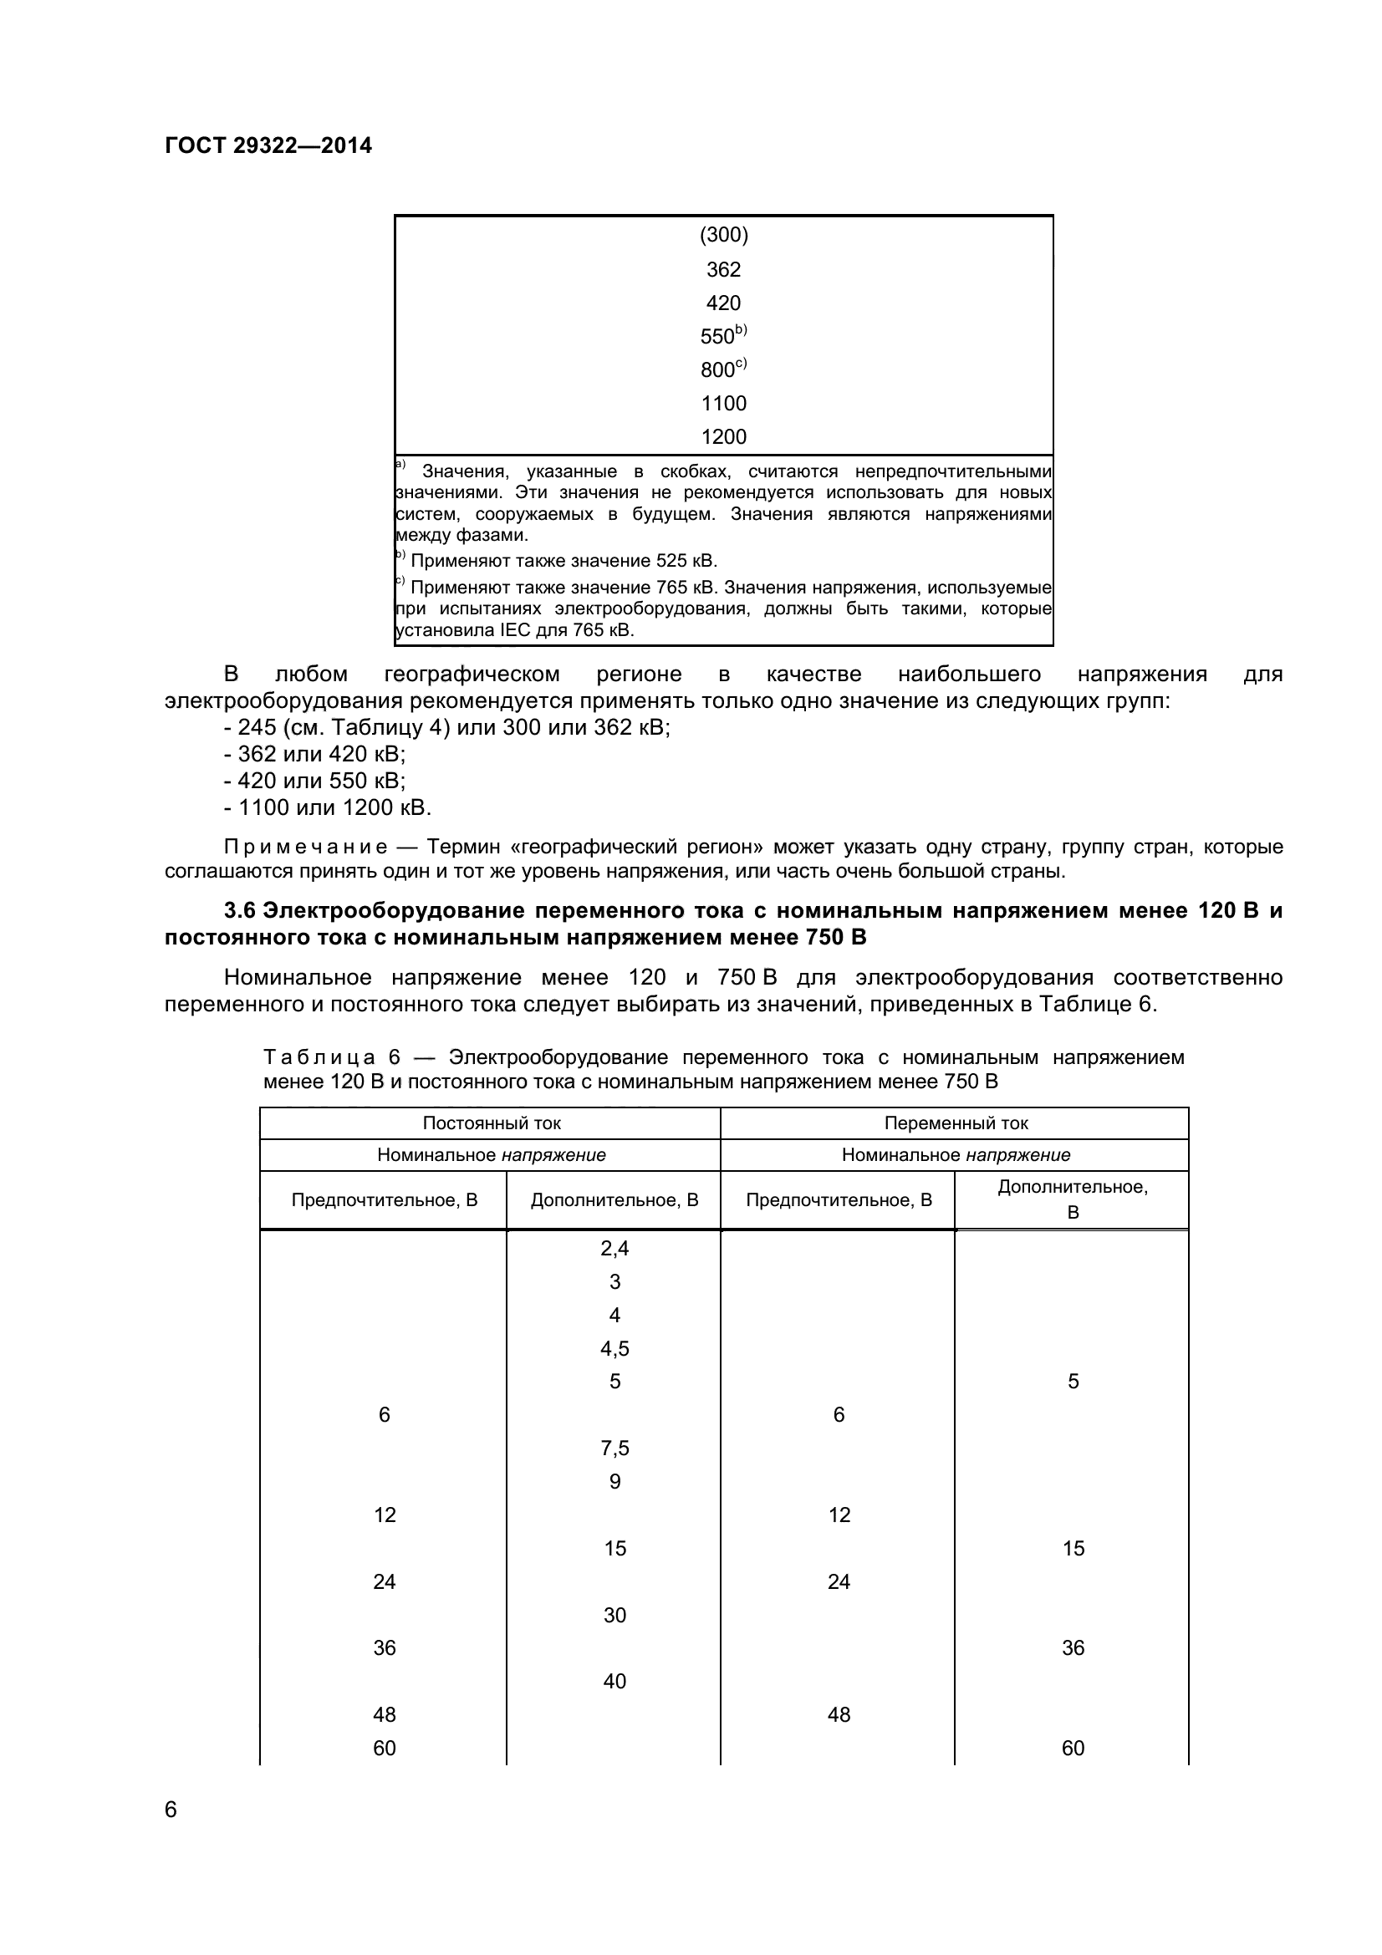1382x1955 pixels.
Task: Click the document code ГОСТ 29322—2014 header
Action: [268, 145]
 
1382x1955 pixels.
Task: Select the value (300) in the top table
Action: [723, 235]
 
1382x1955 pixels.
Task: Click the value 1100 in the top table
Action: [723, 403]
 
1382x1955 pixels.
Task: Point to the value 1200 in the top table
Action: [723, 437]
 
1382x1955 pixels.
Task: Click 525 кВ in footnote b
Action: [686, 561]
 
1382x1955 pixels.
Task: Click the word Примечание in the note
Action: [306, 848]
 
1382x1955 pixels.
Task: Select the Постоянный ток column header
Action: [492, 1123]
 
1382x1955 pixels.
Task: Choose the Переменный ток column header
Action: [956, 1123]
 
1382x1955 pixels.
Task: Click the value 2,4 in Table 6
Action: [614, 1248]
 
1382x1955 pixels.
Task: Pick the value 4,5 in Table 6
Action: [614, 1349]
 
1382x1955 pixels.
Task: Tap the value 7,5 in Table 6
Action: [614, 1448]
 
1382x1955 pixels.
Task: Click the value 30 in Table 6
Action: [614, 1616]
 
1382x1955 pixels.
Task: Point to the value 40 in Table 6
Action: [614, 1682]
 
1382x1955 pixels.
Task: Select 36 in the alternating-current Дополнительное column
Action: [1073, 1648]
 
